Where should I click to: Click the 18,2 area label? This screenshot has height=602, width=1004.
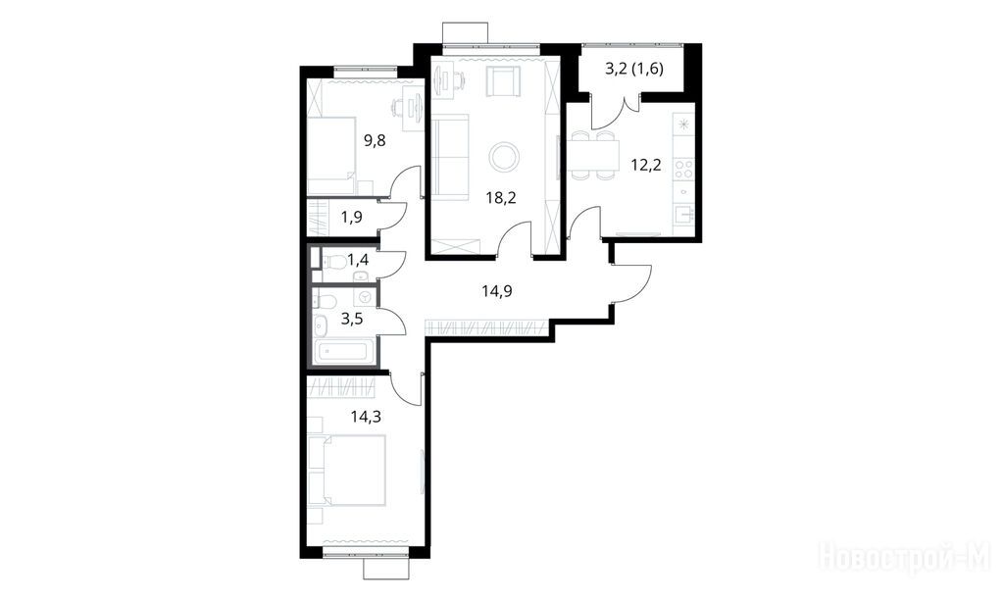[501, 197]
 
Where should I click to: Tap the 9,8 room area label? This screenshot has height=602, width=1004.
[375, 140]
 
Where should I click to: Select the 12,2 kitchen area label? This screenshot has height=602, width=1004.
[646, 166]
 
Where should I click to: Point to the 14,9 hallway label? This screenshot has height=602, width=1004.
[496, 291]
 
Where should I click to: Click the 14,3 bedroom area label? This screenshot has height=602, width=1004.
[366, 417]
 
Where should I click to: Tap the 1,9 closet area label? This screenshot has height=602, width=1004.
[352, 217]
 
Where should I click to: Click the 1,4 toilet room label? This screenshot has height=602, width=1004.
[357, 260]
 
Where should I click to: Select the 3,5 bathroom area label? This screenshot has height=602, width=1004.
[352, 319]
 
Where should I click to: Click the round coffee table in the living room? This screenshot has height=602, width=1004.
[503, 156]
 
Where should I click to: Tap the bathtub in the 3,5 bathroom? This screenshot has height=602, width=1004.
[343, 352]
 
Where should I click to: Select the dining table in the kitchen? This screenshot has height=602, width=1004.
[593, 155]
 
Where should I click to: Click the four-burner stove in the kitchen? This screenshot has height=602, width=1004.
[683, 169]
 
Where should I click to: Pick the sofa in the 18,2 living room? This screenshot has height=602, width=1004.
[450, 156]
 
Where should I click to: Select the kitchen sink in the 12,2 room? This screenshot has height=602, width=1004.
[683, 215]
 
